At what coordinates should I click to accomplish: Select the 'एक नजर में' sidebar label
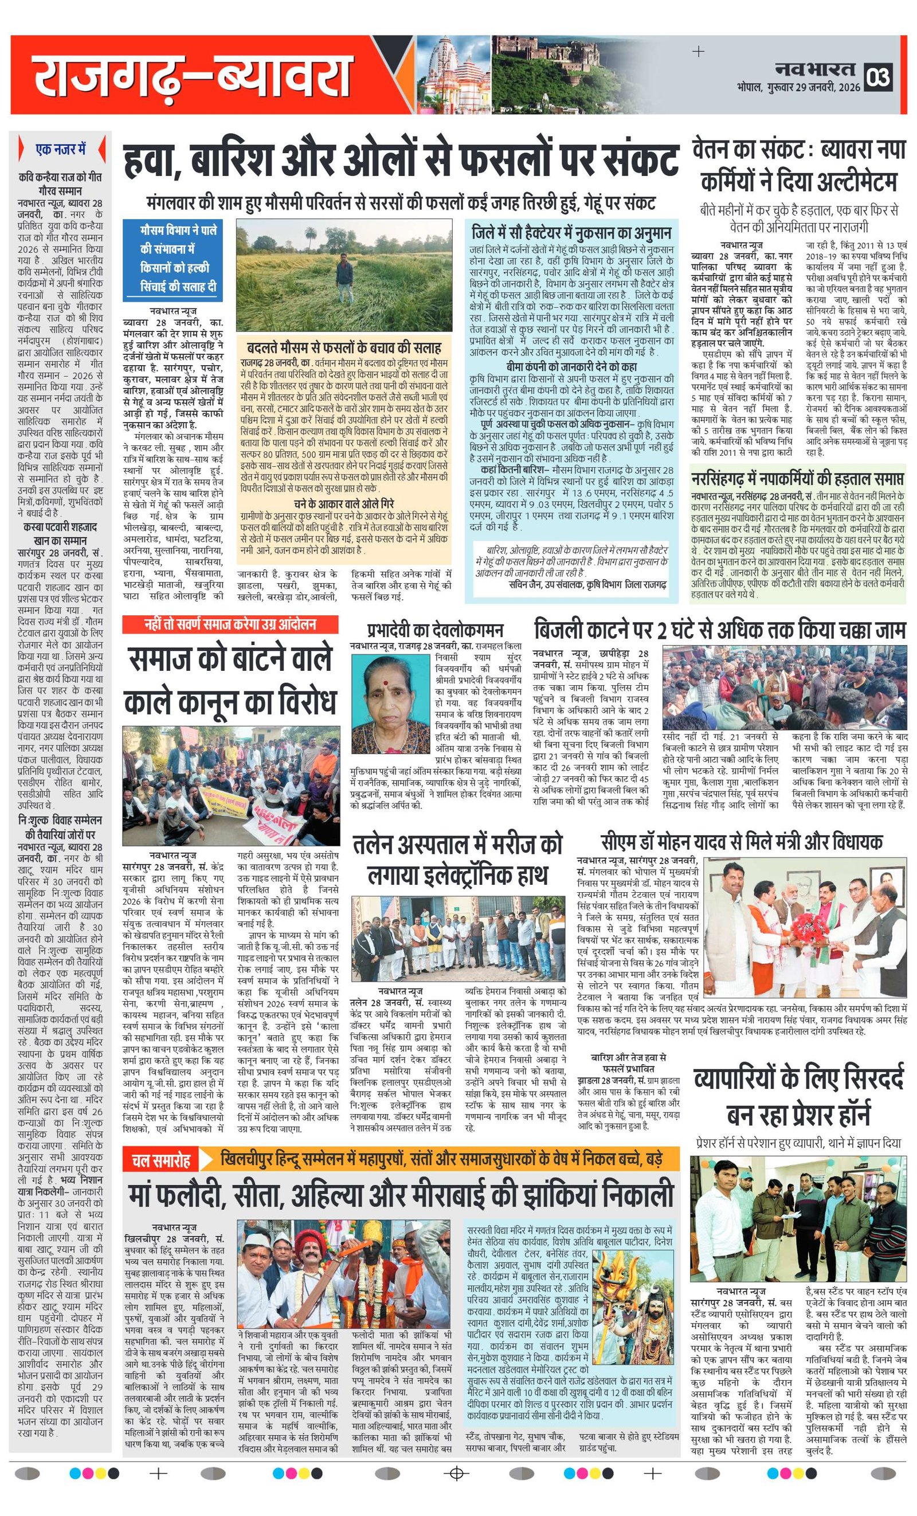click(60, 149)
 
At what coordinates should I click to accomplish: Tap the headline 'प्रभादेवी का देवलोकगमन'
click(435, 630)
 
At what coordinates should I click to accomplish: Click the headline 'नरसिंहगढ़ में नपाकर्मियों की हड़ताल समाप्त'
click(797, 478)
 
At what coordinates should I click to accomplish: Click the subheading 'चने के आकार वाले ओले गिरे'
click(344, 503)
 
